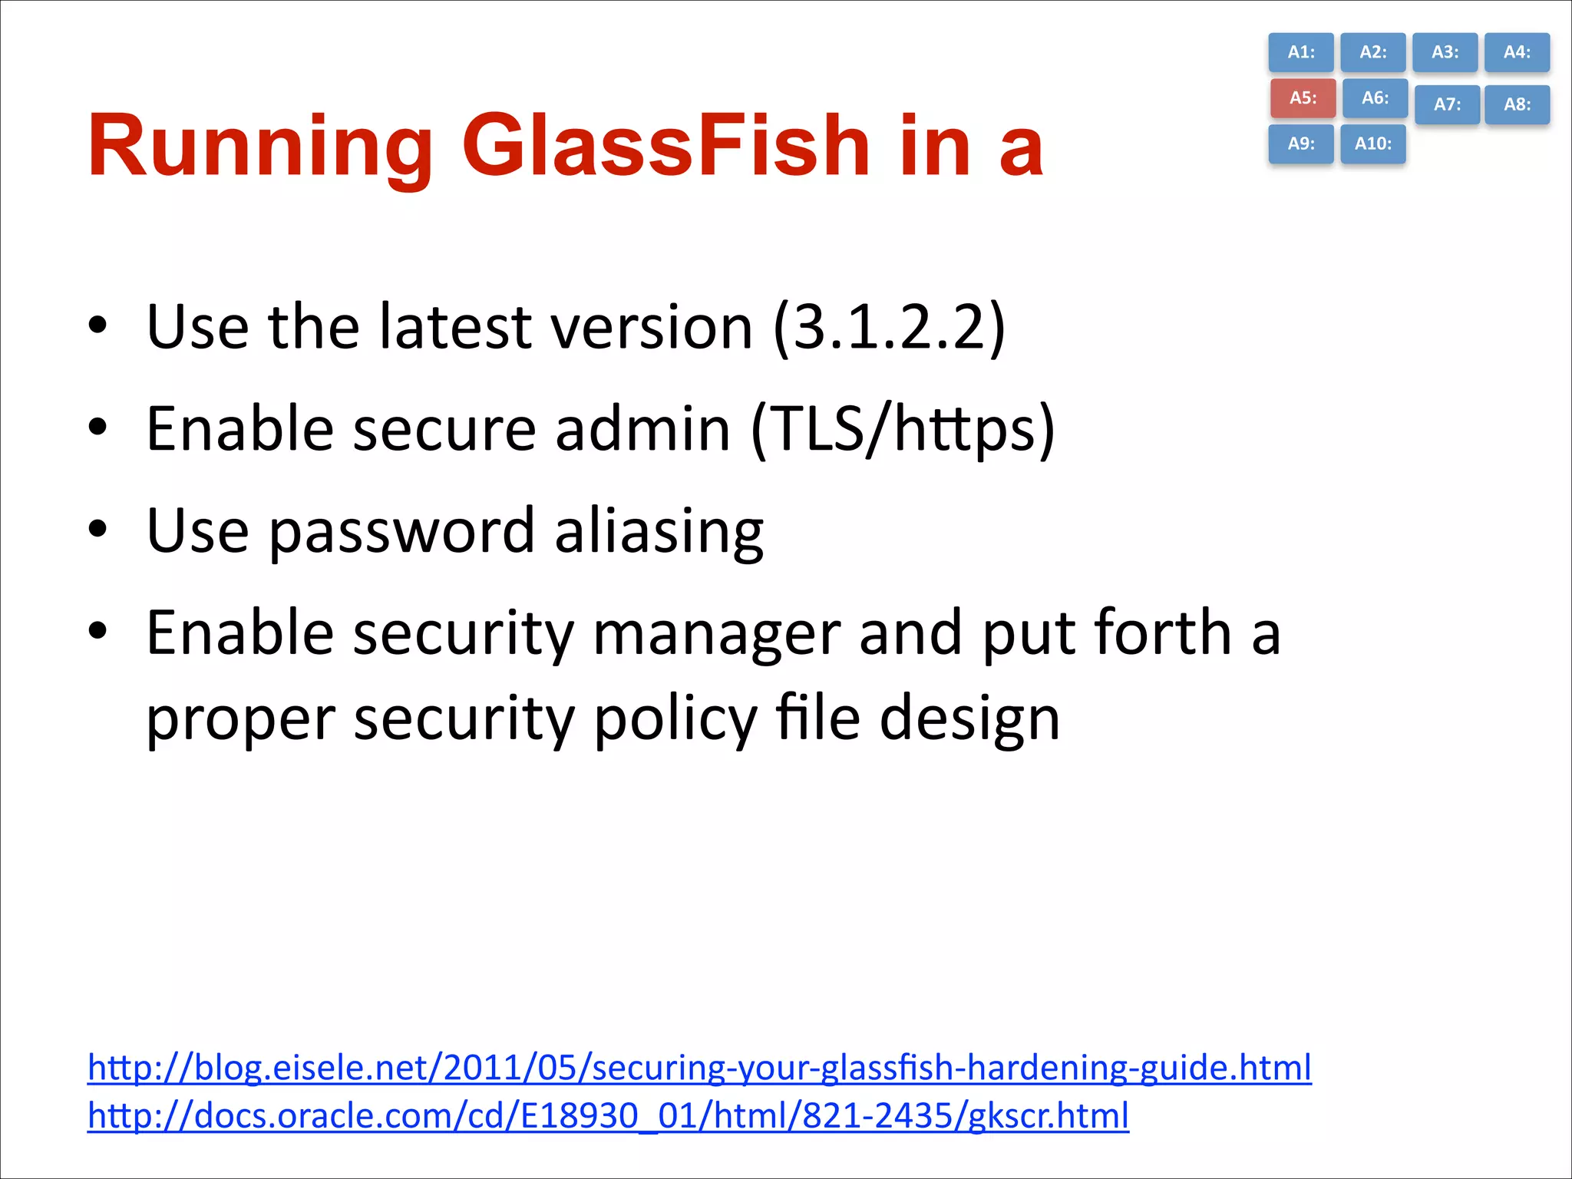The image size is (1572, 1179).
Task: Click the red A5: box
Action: click(x=1303, y=98)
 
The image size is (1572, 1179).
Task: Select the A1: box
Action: click(x=1301, y=52)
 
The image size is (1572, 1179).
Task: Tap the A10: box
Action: click(x=1373, y=144)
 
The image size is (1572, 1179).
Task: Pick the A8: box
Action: click(x=1517, y=104)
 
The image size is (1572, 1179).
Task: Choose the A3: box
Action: click(x=1445, y=52)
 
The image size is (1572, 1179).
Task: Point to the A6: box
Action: click(x=1375, y=98)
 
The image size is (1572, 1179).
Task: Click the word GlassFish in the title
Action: click(x=665, y=146)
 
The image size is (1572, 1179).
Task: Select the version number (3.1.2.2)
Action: click(x=889, y=327)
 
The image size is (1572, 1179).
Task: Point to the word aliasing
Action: click(x=659, y=531)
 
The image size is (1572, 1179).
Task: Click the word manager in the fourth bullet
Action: click(x=717, y=634)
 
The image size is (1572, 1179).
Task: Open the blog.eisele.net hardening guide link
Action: click(x=699, y=1068)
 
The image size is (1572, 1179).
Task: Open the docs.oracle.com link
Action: click(x=608, y=1115)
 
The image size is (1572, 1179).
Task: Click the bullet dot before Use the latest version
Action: click(x=97, y=324)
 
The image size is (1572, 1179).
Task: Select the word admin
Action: click(x=642, y=428)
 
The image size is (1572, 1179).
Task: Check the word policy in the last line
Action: click(x=675, y=719)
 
